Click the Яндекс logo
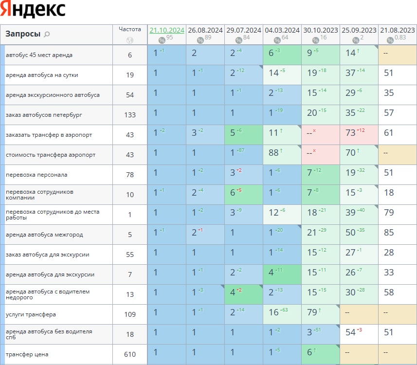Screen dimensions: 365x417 tap(33, 10)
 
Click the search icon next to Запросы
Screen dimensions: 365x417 tap(47, 34)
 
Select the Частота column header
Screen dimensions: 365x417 tap(130, 29)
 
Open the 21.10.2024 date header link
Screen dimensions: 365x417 tap(167, 30)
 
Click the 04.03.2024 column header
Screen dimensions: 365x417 tap(282, 30)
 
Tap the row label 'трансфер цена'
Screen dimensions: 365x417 tap(27, 354)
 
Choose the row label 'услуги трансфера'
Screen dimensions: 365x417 tap(31, 314)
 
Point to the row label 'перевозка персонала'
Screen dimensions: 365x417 tap(36, 175)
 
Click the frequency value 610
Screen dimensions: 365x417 tap(130, 354)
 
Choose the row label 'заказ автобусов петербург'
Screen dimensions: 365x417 tap(40, 115)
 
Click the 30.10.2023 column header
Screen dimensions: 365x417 tap(321, 30)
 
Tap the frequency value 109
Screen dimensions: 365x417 tap(130, 314)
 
